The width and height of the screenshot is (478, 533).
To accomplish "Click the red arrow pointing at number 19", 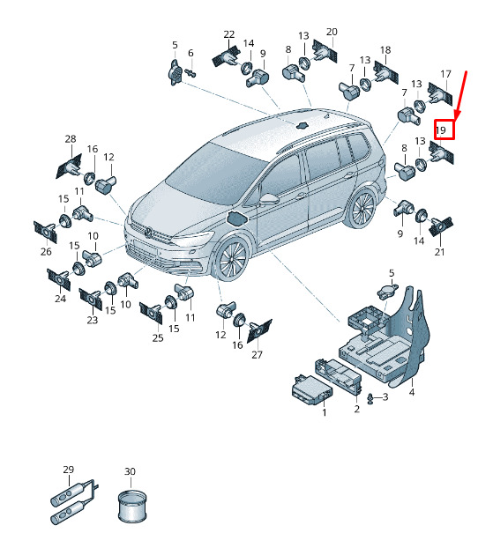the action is [461, 96].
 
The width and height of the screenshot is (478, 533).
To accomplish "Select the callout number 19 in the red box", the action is [441, 130].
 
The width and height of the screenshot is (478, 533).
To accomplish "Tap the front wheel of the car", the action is [232, 260].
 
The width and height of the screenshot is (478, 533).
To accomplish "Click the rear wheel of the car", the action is [362, 209].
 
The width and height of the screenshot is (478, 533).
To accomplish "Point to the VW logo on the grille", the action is [148, 233].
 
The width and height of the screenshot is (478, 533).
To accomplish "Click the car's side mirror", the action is [269, 199].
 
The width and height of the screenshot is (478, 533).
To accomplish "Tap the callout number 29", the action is [69, 470].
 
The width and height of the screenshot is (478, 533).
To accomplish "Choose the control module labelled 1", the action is [312, 390].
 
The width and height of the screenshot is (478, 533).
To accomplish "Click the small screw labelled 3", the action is [370, 398].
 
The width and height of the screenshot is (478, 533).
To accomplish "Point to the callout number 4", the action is [412, 392].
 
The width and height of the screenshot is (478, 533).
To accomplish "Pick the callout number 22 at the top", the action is [229, 34].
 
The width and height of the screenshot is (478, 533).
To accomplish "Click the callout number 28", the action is [71, 138].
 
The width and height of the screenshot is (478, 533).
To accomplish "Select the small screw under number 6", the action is [191, 72].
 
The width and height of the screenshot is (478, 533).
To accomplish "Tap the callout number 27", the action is [257, 355].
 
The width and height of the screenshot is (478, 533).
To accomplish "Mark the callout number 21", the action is [439, 252].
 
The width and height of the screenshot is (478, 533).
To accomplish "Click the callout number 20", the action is [332, 32].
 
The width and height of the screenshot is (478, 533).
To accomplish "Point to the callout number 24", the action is [60, 299].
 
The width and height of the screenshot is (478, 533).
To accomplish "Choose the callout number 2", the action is [356, 409].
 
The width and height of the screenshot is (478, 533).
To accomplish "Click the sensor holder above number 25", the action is [151, 313].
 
